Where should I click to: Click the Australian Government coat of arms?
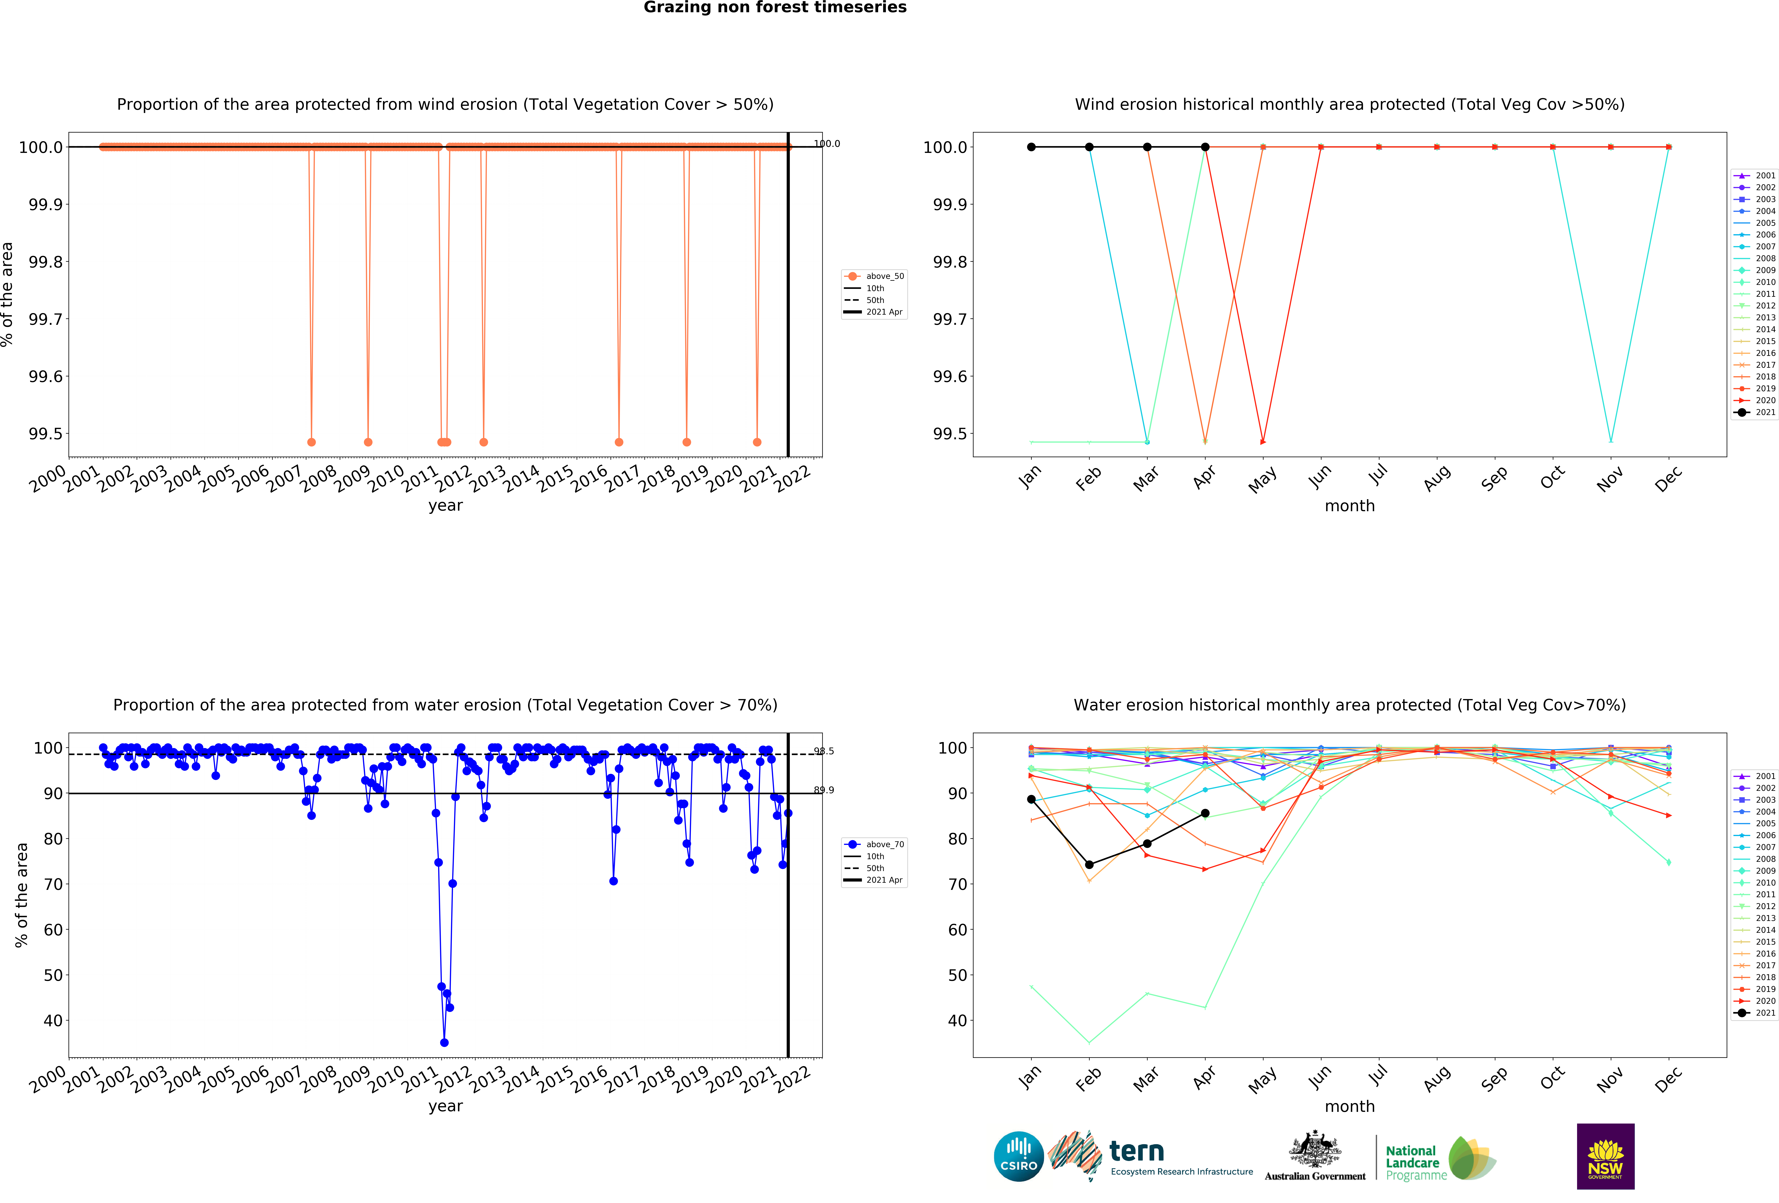(1314, 1149)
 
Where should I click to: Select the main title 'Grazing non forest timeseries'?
(775, 8)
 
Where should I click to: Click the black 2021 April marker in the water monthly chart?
(1205, 813)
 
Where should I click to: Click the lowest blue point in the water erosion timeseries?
(444, 1042)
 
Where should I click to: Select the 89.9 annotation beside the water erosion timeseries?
(824, 790)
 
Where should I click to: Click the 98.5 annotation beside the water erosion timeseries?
(824, 751)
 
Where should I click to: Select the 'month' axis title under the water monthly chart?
(1350, 1107)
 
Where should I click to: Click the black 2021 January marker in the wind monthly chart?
(1031, 147)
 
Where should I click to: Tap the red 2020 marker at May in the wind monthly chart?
(1263, 442)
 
